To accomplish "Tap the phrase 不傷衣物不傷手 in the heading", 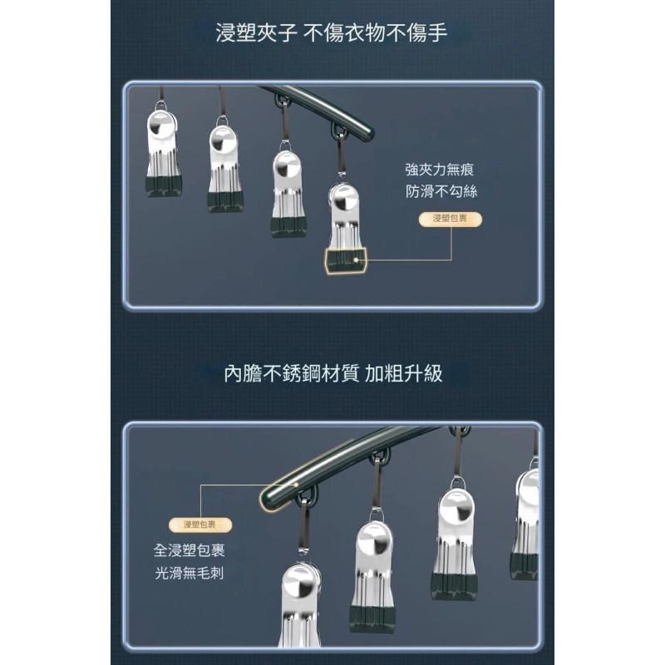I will coord(376,33).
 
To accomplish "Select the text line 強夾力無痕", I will coord(440,170).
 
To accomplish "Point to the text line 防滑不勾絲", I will coord(440,191).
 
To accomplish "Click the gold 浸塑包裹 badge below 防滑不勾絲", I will coord(451,219).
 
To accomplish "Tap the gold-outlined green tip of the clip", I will coord(344,260).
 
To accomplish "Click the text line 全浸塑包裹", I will coord(189,551).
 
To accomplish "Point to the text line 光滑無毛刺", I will coord(189,573).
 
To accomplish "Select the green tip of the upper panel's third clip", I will coord(288,226).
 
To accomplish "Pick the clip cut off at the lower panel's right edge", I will coord(525,524).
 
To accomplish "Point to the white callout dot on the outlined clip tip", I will coord(355,260).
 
